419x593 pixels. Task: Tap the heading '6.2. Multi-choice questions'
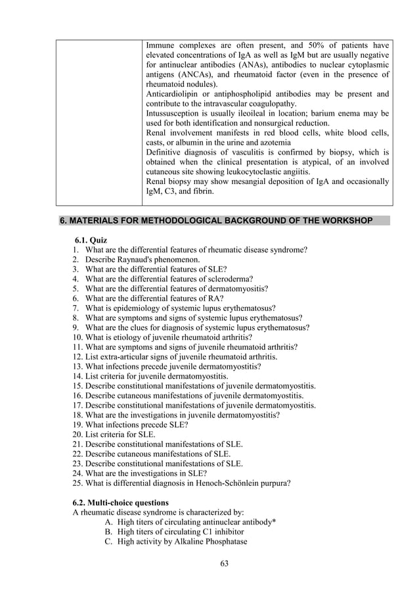coord(120,502)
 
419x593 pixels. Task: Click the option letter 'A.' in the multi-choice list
coord(109,522)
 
